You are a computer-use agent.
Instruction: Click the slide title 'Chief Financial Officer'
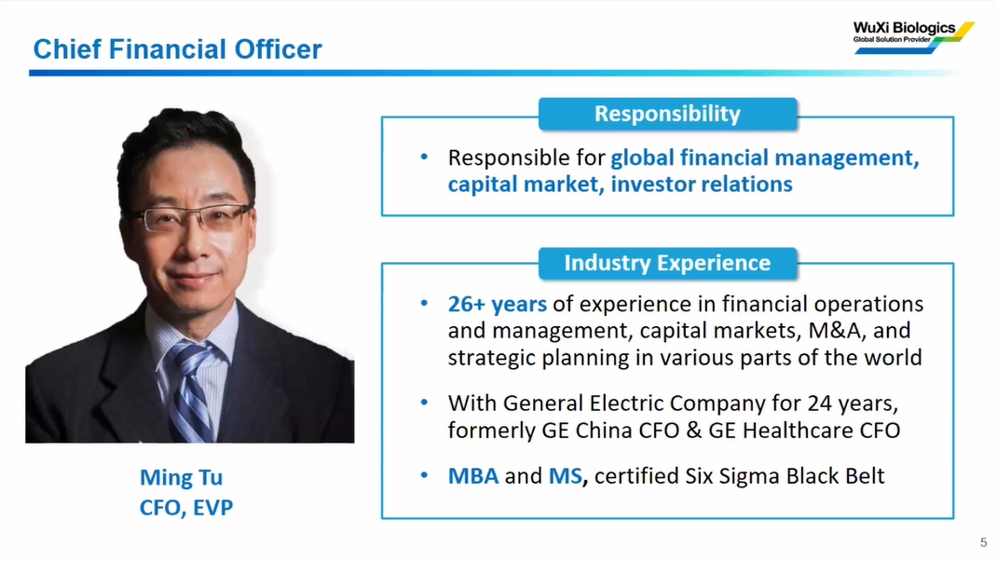[177, 49]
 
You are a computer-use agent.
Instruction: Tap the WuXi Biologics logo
[913, 37]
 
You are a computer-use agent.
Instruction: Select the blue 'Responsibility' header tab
[668, 114]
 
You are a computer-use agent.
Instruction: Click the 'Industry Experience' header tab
[668, 264]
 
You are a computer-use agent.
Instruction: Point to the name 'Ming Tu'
[181, 477]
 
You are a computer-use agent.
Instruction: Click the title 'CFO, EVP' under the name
[186, 508]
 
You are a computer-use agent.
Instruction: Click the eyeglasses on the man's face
[191, 217]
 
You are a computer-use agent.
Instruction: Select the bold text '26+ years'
[498, 304]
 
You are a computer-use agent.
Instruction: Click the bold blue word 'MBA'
[473, 476]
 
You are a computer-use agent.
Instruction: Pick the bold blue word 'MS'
[566, 476]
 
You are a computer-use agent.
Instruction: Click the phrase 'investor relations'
[702, 185]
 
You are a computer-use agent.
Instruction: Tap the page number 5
[984, 542]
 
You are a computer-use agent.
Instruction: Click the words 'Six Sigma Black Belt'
[785, 476]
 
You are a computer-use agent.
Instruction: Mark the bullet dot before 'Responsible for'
[424, 157]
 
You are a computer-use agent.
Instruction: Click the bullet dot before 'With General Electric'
[424, 402]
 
